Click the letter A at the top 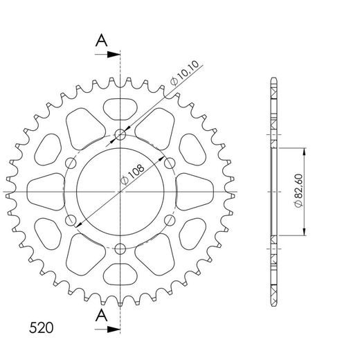click(x=102, y=41)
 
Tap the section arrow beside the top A click(x=108, y=53)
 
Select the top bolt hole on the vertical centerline click(x=121, y=134)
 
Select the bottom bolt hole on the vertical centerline click(x=121, y=249)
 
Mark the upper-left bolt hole click(x=71, y=163)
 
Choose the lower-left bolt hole click(x=71, y=220)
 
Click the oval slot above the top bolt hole click(x=121, y=107)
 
